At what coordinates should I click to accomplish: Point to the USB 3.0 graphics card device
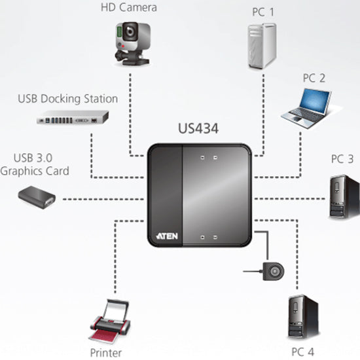38,197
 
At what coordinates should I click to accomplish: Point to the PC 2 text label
314,77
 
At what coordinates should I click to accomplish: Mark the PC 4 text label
303,351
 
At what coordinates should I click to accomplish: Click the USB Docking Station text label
67,99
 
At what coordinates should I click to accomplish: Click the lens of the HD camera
131,31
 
